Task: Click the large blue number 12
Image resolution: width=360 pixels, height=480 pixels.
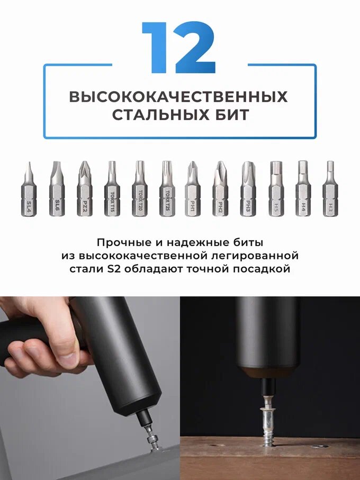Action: tap(178, 48)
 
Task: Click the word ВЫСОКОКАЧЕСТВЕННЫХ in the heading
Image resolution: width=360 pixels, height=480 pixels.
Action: tap(178, 97)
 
